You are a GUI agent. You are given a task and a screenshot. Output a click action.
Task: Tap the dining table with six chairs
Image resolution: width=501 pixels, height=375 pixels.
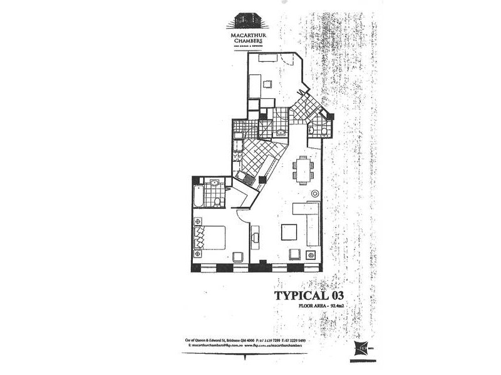coord(303,170)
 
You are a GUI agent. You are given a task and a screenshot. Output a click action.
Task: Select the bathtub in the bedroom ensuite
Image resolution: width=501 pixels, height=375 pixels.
coord(199,196)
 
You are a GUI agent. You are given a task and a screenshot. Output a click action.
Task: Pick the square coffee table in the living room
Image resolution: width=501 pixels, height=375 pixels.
coord(289,232)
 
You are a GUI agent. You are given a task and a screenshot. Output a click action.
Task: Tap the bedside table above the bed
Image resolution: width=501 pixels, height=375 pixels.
coord(198,221)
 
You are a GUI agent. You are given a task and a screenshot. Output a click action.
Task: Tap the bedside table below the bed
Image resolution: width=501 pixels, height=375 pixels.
coord(198,254)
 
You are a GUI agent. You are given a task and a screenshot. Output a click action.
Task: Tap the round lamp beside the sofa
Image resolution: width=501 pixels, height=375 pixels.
coord(311,255)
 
